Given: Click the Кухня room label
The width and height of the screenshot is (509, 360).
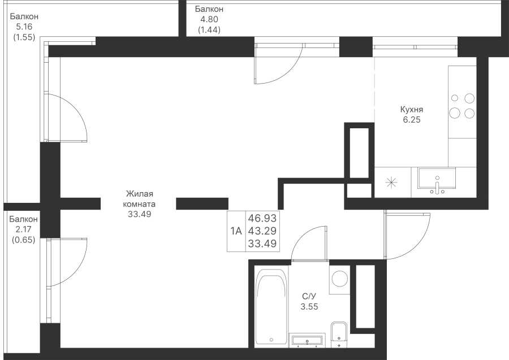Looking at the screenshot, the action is pos(412,109).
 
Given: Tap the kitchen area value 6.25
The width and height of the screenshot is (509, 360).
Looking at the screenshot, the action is pos(412,120).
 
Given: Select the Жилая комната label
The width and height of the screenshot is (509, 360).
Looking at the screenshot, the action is pos(139,199).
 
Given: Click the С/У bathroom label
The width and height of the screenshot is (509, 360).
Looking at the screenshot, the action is pos(309,296).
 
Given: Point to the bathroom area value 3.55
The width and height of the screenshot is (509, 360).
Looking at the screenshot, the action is pos(309,306).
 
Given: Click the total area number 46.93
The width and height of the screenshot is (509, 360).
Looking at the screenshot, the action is pos(262,218).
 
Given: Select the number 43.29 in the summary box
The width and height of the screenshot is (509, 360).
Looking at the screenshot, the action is pos(262,231).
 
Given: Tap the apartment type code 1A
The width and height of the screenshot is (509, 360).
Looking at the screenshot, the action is pos(236,231).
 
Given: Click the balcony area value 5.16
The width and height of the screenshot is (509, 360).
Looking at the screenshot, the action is pos(24,27).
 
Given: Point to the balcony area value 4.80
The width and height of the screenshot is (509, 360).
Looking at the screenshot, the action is pos(209,19).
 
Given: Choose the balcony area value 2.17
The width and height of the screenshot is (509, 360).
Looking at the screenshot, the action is pos(24,229).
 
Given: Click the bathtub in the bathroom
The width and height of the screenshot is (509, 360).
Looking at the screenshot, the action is pos(271,306).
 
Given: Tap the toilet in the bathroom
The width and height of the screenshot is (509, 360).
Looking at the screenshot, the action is pos(339,334).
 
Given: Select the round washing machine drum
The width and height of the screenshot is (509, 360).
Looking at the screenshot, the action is pos(340,279).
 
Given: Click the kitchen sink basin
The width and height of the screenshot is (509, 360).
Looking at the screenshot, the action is pos(437,179).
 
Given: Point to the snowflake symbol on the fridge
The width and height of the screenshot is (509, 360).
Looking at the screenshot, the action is pos(391,183).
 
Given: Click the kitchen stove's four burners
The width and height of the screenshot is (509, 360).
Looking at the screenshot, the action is pos(462,106).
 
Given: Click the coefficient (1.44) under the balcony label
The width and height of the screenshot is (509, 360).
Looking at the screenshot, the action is pos(209,30).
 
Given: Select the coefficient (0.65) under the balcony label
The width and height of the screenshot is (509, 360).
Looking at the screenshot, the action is pos(24,240).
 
